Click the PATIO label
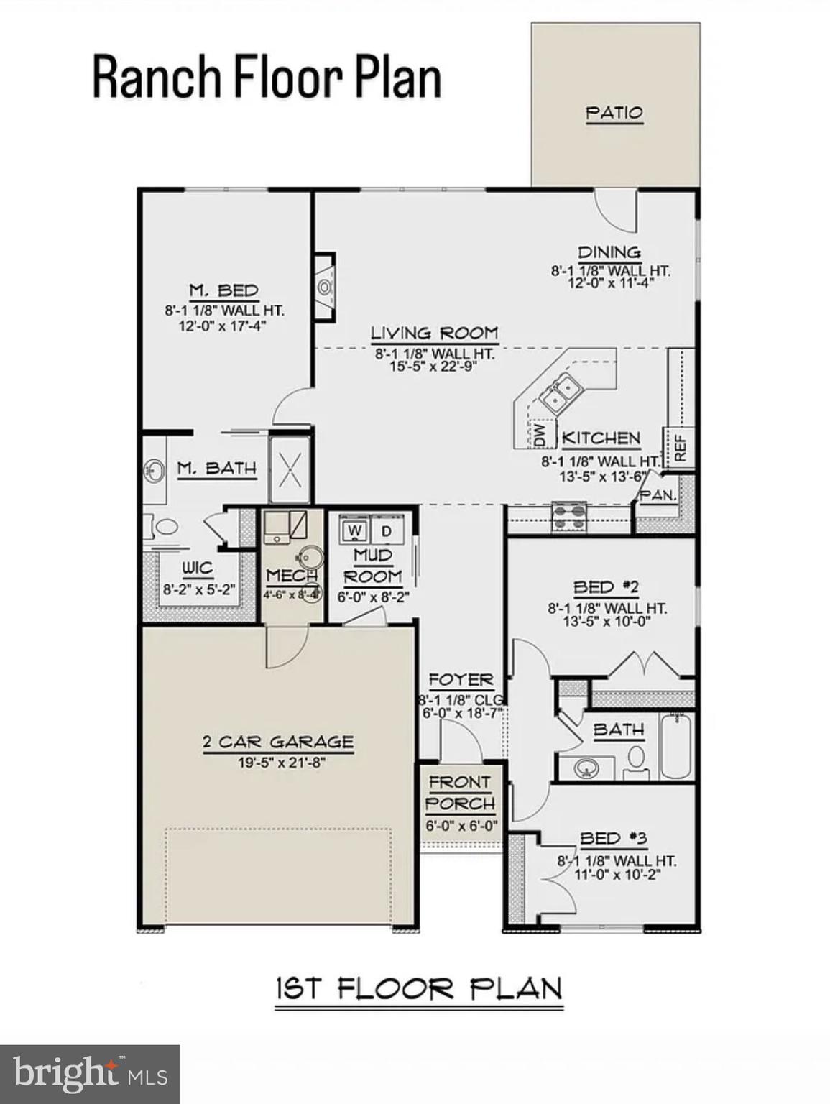614,113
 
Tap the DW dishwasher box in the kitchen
540,433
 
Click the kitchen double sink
562,394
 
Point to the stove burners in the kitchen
568,516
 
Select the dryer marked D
387,531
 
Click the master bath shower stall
290,469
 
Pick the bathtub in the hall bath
675,745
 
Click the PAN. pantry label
658,495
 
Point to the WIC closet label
197,568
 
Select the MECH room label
291,576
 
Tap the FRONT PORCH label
460,793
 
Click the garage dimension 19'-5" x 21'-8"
282,762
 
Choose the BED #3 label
614,838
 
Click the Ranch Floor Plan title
267,77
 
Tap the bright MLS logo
90,1075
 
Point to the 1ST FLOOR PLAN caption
419,989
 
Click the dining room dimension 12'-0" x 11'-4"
611,282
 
